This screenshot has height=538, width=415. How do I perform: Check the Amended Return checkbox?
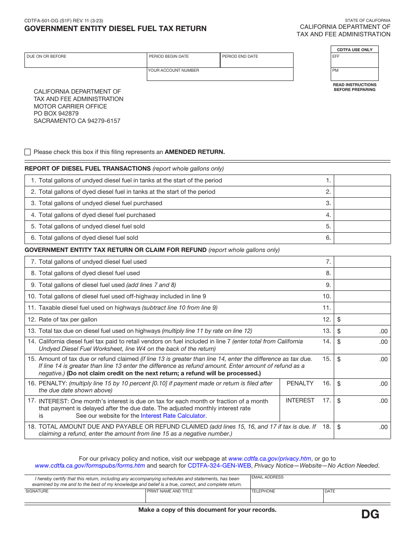click(x=28, y=152)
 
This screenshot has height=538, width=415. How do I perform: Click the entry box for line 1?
click(x=362, y=181)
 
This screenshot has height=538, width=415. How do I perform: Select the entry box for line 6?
click(x=362, y=238)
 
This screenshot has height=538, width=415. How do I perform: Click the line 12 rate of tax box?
click(x=362, y=320)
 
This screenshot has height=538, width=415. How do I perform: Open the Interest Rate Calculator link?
click(x=173, y=416)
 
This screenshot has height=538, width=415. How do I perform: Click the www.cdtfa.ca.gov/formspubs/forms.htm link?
click(x=90, y=466)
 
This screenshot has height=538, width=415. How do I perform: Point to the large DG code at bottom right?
click(x=370, y=515)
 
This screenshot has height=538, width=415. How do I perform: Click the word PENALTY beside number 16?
click(x=300, y=384)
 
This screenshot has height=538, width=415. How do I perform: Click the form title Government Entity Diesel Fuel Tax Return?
click(x=115, y=29)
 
